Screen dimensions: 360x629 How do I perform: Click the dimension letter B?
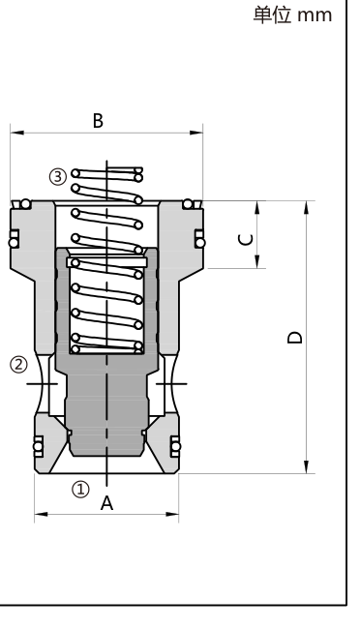pyautogui.click(x=98, y=120)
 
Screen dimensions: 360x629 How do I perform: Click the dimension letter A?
pyautogui.click(x=106, y=503)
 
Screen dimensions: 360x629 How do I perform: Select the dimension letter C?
pyautogui.click(x=246, y=239)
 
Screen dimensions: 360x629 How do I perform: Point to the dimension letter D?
pyautogui.click(x=295, y=337)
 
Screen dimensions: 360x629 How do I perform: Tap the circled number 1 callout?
pyautogui.click(x=80, y=490)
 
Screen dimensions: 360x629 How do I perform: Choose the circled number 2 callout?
pyautogui.click(x=18, y=365)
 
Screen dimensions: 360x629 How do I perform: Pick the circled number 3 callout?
pyautogui.click(x=58, y=176)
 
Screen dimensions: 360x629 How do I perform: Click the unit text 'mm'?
pyautogui.click(x=315, y=15)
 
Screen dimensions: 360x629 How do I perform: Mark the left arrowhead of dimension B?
pyautogui.click(x=17, y=133)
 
